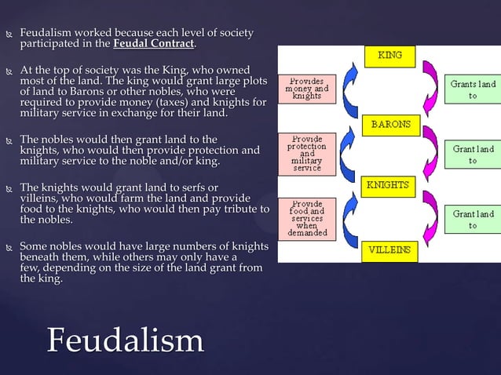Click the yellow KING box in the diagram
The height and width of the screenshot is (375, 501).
(390, 56)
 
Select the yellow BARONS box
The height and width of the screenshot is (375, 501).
(390, 124)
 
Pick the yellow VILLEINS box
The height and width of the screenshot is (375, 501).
(390, 250)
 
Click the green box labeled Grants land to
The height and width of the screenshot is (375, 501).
(473, 89)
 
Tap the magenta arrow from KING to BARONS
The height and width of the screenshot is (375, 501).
(430, 89)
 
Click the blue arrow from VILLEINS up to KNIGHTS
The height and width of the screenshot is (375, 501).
(351, 218)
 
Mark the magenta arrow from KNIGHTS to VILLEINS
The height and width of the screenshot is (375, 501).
(430, 218)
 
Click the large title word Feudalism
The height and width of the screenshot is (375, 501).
(126, 340)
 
